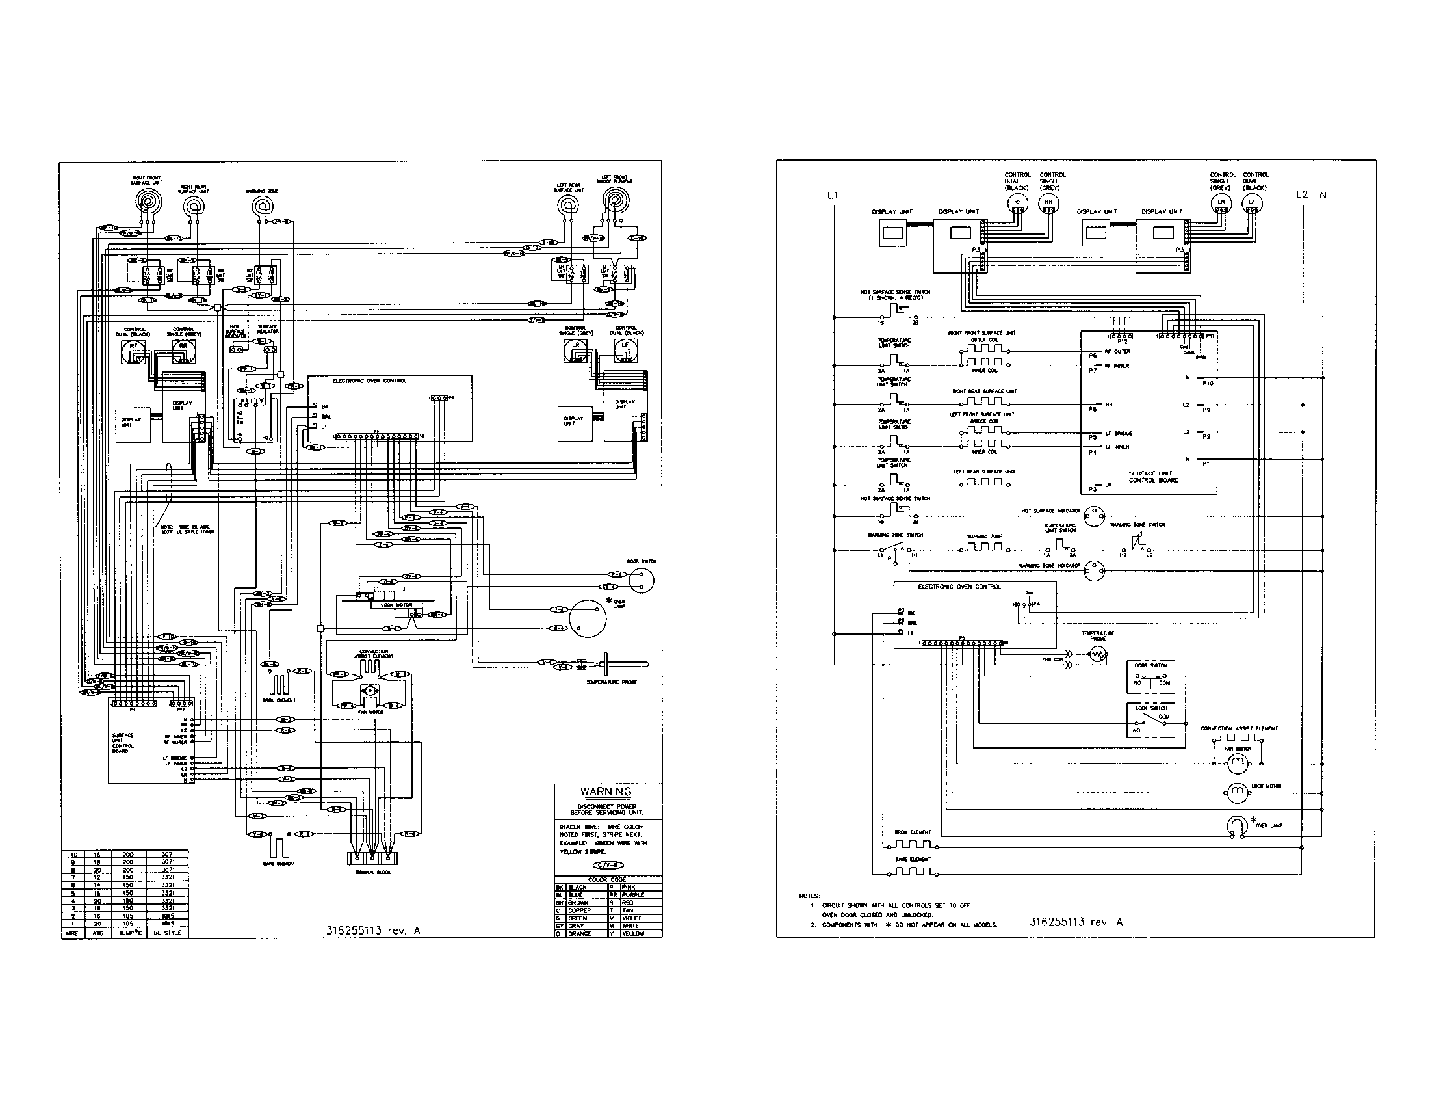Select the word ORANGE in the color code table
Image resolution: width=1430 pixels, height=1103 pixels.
pos(579,933)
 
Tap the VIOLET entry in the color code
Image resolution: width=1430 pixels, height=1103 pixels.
pos(632,918)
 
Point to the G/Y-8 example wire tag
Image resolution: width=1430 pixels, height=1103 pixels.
pos(608,865)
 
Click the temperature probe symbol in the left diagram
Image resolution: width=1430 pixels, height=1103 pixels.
pos(606,665)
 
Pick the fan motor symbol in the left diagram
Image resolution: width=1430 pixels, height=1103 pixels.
pos(370,691)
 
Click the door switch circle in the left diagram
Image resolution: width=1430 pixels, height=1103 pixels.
pos(642,580)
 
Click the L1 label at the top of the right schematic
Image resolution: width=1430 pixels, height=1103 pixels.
pos(832,194)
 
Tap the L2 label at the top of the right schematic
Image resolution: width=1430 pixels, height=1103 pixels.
pos(1302,194)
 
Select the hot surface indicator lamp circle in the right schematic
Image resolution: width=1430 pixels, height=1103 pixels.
pos(1093,516)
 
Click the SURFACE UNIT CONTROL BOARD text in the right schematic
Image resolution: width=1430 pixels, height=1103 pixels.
pos(1154,477)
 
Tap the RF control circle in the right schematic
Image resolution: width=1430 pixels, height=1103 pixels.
pos(1017,202)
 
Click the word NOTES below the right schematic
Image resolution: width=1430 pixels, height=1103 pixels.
pos(809,895)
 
